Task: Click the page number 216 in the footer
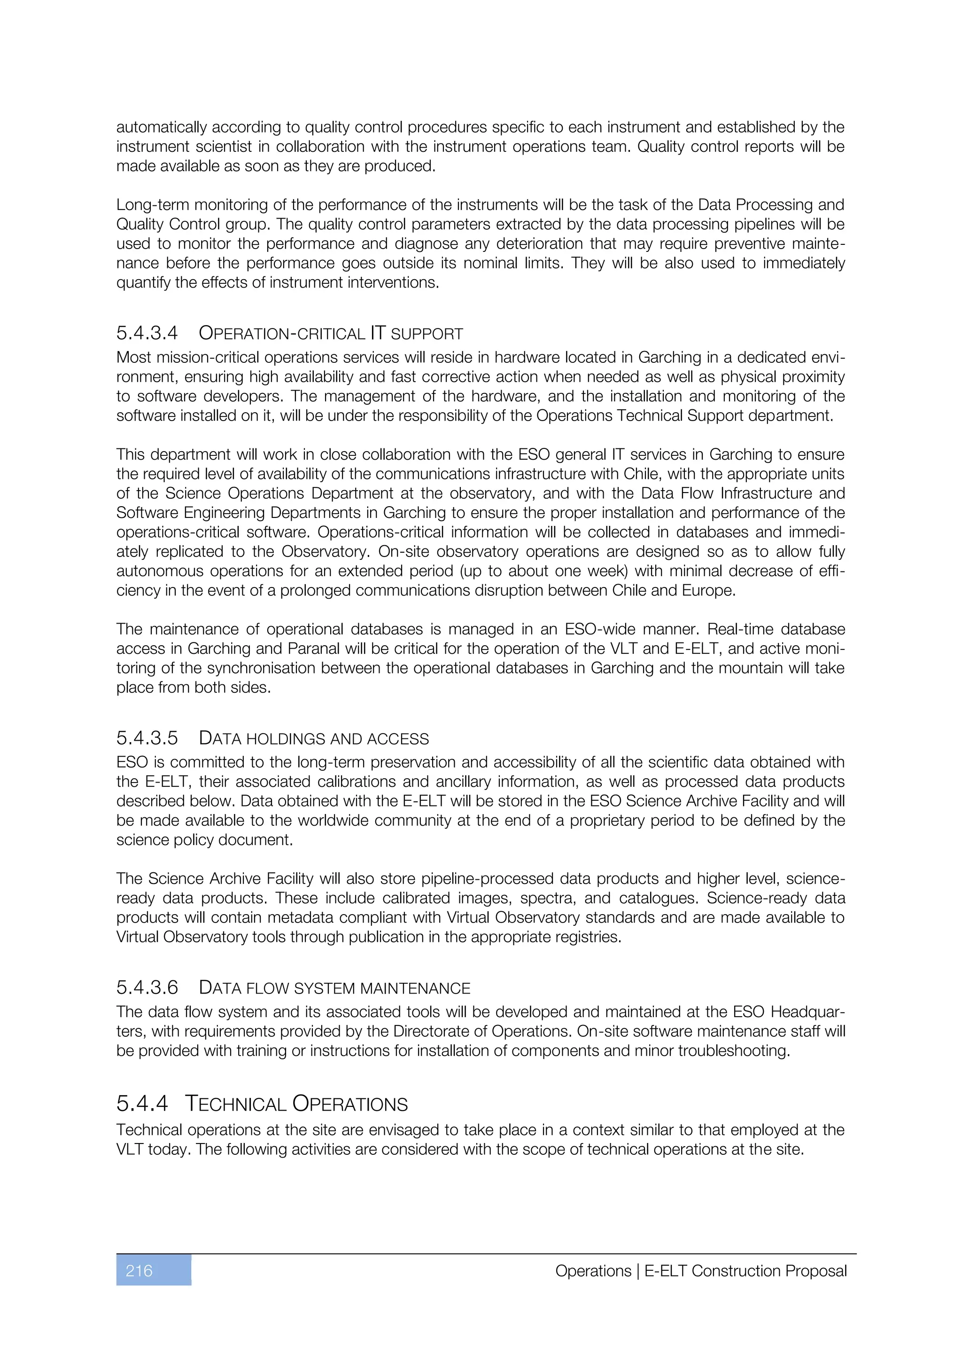point(140,1271)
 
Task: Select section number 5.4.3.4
point(147,333)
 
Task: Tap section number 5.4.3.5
point(147,738)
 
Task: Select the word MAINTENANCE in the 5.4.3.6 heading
point(415,989)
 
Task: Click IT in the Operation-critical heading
point(378,333)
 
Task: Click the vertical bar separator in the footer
point(638,1271)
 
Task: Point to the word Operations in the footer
point(593,1271)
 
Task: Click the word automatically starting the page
point(161,127)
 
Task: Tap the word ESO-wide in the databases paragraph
point(597,629)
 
